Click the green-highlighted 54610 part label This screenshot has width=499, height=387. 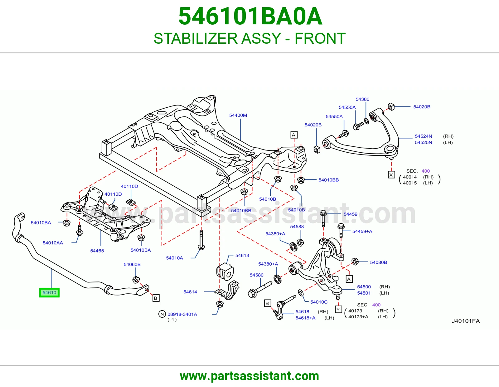click(49, 292)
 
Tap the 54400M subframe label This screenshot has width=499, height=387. click(238, 115)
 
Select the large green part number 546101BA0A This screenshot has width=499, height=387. click(250, 16)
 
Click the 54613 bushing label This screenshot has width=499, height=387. click(242, 256)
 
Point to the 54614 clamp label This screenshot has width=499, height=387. click(190, 292)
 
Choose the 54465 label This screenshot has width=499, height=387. click(97, 251)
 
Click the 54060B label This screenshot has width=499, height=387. click(132, 265)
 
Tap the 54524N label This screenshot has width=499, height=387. click(424, 136)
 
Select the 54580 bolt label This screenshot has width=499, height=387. click(256, 275)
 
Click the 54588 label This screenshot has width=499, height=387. click(297, 227)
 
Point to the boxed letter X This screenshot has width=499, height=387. click(391, 175)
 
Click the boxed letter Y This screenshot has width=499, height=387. click(338, 309)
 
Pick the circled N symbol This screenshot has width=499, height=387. click(162, 314)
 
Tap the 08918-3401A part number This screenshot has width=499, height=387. click(182, 314)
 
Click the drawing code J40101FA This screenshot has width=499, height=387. click(466, 321)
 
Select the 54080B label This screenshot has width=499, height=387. click(378, 262)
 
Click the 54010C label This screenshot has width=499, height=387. click(319, 302)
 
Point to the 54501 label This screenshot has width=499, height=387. click(364, 293)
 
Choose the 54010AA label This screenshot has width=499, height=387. click(53, 243)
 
